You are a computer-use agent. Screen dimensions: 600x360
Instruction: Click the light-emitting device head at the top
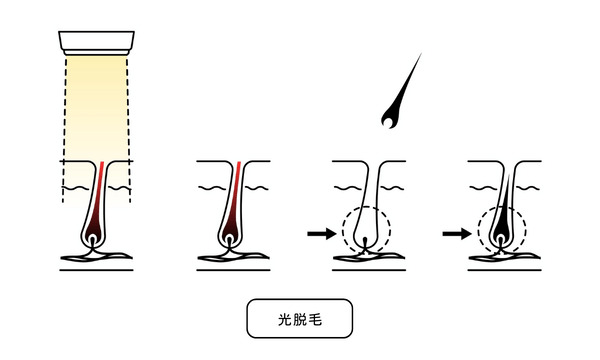click(x=96, y=43)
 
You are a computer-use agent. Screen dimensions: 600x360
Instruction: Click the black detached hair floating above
click(x=400, y=96)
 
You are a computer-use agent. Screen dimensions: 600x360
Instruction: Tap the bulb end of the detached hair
click(x=390, y=119)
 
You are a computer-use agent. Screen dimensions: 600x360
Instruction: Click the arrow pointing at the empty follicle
click(x=321, y=233)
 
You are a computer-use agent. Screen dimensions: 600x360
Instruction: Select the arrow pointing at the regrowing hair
click(x=457, y=233)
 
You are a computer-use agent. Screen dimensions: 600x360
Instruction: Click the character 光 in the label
click(x=284, y=319)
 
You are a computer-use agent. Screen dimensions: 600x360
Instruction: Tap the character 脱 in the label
click(x=300, y=319)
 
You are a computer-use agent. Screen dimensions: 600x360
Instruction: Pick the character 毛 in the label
click(x=315, y=319)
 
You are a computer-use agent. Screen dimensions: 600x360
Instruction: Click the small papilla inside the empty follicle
click(x=365, y=242)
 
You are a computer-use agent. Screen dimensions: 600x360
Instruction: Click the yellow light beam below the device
click(x=96, y=115)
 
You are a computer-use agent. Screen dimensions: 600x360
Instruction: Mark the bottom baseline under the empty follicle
click(x=368, y=270)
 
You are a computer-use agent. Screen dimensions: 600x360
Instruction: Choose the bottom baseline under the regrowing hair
click(x=504, y=270)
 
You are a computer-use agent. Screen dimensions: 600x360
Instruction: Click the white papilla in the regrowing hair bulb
click(x=501, y=240)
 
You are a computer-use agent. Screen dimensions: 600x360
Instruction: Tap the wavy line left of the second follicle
click(x=212, y=188)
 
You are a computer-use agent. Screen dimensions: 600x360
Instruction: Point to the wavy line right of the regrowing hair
click(x=528, y=188)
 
